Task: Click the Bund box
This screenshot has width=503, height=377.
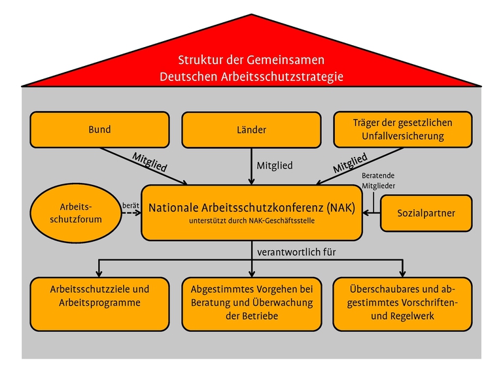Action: pyautogui.click(x=99, y=129)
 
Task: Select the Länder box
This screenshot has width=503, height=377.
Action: pyautogui.click(x=251, y=129)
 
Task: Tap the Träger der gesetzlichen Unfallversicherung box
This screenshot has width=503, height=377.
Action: pyautogui.click(x=402, y=129)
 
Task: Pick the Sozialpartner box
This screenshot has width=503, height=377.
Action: pyautogui.click(x=426, y=213)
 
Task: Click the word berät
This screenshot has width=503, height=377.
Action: pyautogui.click(x=130, y=205)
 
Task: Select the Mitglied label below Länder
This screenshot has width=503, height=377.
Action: pyautogui.click(x=274, y=166)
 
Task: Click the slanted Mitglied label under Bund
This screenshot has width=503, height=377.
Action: pyautogui.click(x=150, y=162)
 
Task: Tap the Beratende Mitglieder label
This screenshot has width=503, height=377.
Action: pyautogui.click(x=378, y=180)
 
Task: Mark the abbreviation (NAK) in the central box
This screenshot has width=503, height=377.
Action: pyautogui.click(x=338, y=208)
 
